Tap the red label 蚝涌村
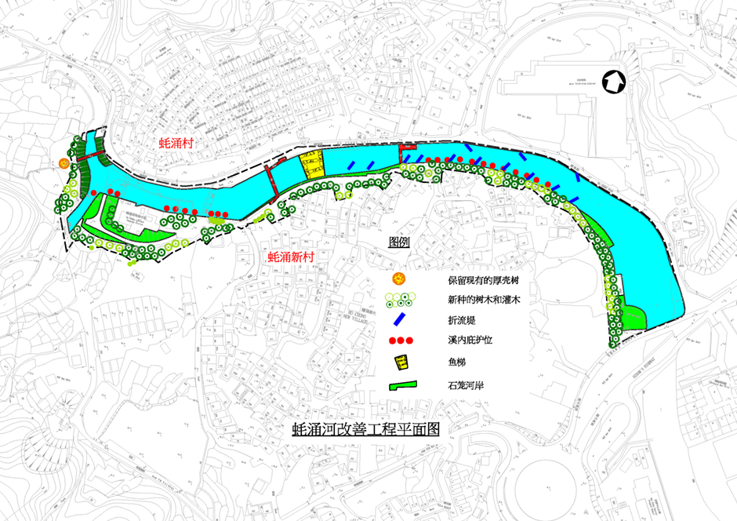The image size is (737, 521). click(x=177, y=142)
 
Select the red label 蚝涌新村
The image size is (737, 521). click(x=292, y=257)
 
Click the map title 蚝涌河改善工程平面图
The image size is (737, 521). click(x=364, y=428)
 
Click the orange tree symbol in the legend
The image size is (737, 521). click(x=399, y=279)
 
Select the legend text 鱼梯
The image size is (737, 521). click(x=458, y=363)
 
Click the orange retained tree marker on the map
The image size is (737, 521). click(x=63, y=163)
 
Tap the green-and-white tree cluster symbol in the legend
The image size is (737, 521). click(x=400, y=299)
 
